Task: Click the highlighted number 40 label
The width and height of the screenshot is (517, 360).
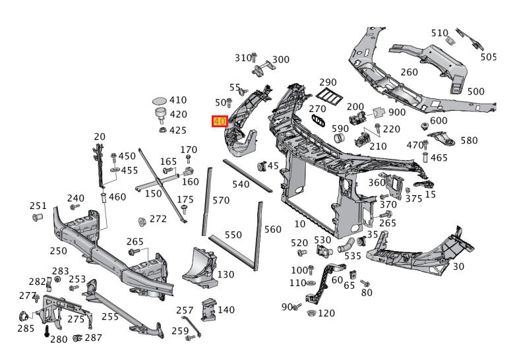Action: pos(220,122)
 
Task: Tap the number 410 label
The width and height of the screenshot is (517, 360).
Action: pos(178,100)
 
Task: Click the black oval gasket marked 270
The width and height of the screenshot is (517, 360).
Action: pos(320,121)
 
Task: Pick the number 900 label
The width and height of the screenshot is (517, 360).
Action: pos(397,112)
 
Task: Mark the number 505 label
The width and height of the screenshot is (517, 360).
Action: pos(488,57)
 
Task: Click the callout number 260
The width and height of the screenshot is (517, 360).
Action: pos(409,73)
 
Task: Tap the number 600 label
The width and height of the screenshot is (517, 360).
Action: pos(439,121)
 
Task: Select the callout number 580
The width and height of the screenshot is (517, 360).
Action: pos(469,140)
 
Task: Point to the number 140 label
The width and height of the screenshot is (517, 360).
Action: pos(226,310)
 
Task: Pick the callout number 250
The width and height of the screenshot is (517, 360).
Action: pos(58,251)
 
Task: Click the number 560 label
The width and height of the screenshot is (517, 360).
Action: pos(272,229)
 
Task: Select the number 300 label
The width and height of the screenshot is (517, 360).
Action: pos(281,59)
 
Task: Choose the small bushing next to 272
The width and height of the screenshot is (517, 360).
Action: pos(141,220)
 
